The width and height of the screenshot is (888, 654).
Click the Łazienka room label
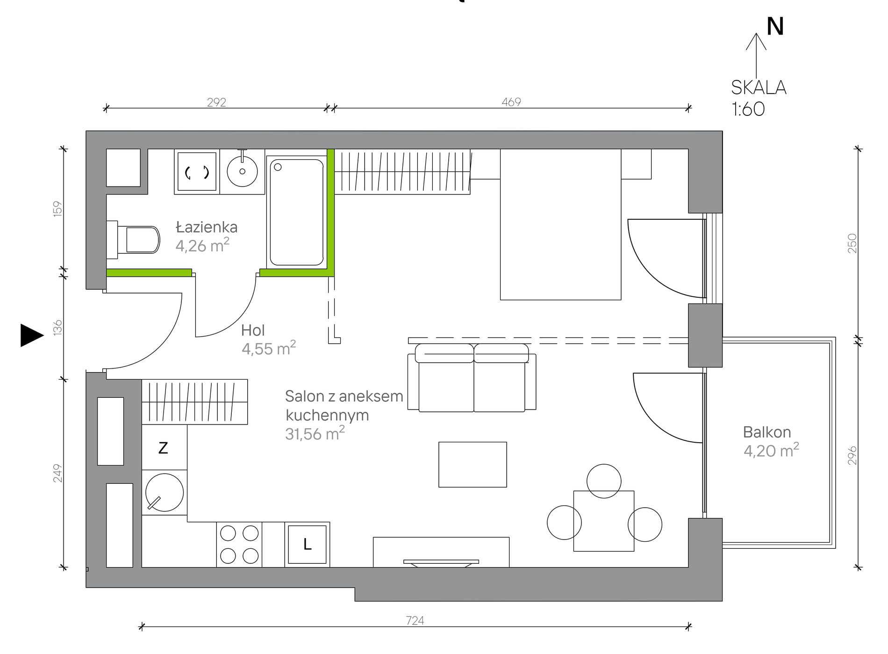207,227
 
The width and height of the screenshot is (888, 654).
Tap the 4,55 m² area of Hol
269,348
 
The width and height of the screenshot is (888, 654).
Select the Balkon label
767,432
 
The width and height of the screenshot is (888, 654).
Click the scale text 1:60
748,109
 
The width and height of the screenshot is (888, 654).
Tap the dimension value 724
415,620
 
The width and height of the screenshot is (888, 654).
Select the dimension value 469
511,102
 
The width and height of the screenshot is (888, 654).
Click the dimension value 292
216,102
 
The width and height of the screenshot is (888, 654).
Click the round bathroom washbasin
242,171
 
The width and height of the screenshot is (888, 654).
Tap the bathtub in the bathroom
297,212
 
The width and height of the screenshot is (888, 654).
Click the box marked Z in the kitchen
164,447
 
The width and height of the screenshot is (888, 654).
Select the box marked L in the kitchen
307,544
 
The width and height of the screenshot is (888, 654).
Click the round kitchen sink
165,492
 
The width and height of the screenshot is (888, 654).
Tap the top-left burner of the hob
228,533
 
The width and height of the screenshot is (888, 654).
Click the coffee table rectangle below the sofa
473,465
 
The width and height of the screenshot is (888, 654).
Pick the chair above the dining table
604,481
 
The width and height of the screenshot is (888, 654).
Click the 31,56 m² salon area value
315,433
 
